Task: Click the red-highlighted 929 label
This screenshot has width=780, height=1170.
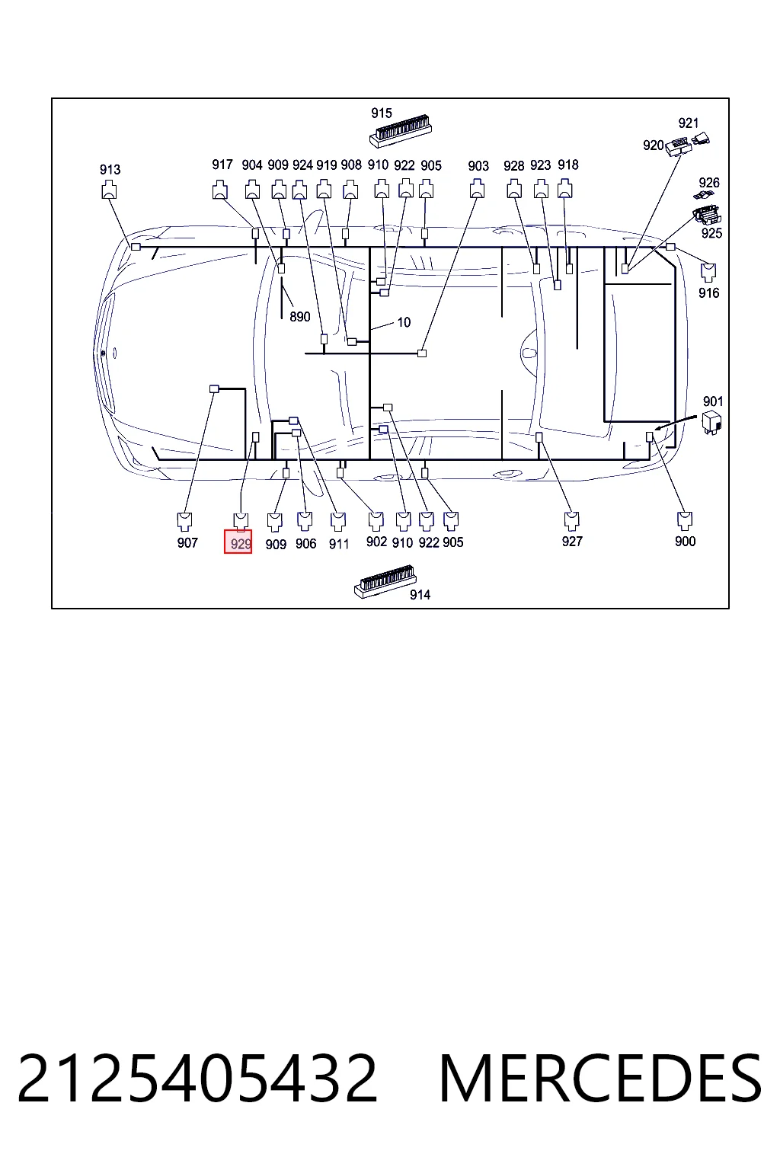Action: [238, 541]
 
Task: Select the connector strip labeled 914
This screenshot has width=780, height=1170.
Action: [385, 580]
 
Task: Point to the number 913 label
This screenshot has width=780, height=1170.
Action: [110, 170]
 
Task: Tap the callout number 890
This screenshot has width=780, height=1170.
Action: [300, 317]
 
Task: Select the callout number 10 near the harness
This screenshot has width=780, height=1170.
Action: [404, 322]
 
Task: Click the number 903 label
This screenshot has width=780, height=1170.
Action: [478, 166]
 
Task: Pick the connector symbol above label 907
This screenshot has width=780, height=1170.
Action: [185, 521]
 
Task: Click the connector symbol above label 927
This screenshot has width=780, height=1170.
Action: [572, 520]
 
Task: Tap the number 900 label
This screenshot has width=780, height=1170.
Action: [685, 541]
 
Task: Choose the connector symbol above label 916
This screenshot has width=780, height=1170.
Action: [708, 273]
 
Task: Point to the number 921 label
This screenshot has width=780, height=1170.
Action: [689, 123]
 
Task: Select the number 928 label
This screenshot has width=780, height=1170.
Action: [513, 166]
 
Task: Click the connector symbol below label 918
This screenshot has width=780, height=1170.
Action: [564, 189]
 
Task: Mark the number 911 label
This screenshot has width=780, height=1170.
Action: [338, 545]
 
